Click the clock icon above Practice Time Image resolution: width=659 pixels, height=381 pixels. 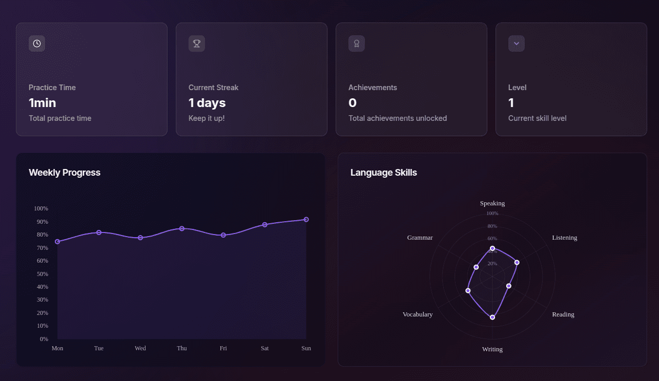[x=37, y=44]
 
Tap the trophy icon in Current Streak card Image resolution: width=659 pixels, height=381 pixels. [x=197, y=44]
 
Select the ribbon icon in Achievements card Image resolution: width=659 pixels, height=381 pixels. [x=357, y=44]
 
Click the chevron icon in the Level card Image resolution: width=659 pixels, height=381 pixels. [x=517, y=44]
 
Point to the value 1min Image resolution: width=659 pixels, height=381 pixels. [x=43, y=103]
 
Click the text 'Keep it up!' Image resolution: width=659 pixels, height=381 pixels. [x=207, y=118]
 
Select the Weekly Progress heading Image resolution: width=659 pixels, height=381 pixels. [x=65, y=173]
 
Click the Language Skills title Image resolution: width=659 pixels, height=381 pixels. [x=383, y=173]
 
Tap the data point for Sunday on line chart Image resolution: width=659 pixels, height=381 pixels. [x=306, y=219]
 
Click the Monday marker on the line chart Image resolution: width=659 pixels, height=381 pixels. [x=57, y=242]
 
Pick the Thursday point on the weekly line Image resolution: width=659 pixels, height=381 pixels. [x=182, y=228]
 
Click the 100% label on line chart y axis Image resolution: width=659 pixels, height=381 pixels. [x=41, y=209]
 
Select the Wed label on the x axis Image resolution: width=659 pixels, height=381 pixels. [x=140, y=348]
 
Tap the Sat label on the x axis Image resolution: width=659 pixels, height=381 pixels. [x=264, y=348]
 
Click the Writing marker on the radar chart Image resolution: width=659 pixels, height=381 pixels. [x=492, y=317]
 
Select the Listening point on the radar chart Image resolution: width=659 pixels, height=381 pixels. [x=517, y=262]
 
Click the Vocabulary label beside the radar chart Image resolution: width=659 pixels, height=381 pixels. [x=418, y=314]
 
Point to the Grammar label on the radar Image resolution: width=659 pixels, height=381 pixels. [x=420, y=238]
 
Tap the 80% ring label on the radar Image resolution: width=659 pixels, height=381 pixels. [x=492, y=226]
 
